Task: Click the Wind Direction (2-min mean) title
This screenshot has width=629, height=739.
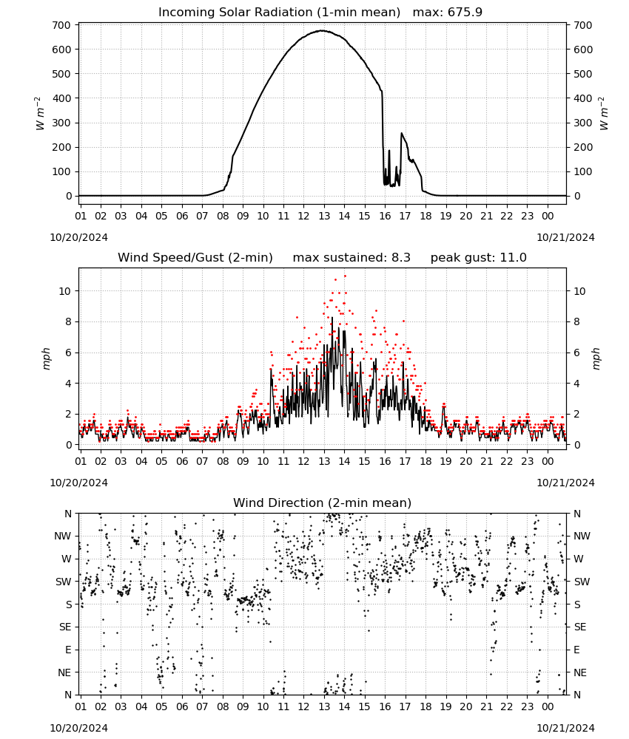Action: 323,503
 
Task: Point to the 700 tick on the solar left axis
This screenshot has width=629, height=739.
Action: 61,25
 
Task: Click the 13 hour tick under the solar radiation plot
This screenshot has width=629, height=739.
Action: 323,216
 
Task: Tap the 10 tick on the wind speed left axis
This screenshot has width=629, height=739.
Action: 64,291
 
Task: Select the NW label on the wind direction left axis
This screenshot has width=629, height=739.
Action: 63,536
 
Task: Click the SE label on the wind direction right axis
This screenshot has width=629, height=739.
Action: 580,627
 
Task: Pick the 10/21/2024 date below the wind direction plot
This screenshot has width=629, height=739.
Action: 565,728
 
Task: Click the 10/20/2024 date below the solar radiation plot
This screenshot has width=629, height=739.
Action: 78,237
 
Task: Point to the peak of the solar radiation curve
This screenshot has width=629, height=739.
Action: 322,30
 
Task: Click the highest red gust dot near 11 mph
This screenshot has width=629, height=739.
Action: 345,276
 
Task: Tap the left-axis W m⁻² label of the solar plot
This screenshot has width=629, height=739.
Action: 40,113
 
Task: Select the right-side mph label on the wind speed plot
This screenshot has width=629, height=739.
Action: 596,358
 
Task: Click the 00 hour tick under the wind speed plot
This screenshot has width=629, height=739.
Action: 548,461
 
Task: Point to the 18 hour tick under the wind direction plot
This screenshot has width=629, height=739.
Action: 425,706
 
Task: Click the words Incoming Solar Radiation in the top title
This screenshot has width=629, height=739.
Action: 235,12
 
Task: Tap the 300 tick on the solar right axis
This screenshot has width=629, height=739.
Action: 583,123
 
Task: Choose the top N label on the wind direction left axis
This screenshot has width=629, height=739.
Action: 68,514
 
